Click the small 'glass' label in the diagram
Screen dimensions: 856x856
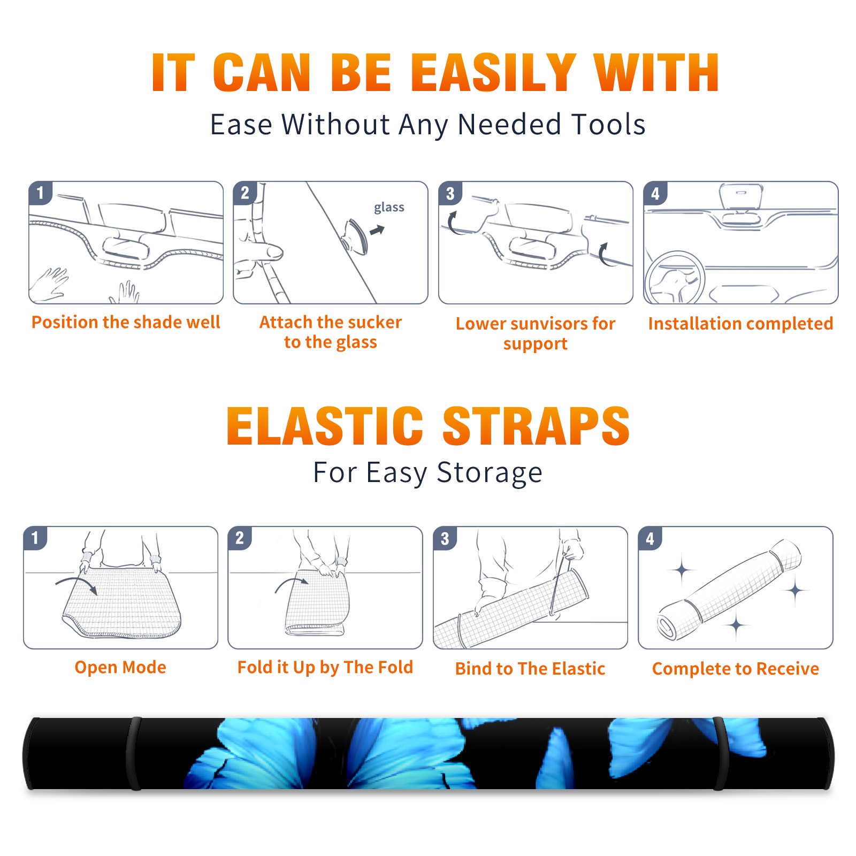point(389,208)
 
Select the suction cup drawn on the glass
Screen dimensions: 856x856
point(356,236)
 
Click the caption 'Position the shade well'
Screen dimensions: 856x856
point(126,322)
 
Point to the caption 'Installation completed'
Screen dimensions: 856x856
point(740,324)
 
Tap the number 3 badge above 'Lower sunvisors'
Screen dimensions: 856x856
point(450,193)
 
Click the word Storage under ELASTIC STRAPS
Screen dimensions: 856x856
point(490,473)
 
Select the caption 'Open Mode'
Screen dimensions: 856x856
point(120,667)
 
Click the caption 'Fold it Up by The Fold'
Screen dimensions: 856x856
point(325,668)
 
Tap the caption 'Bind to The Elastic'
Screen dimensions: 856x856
point(530,669)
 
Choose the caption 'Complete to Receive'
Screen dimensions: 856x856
point(736,669)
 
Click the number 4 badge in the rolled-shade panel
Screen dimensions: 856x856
point(650,538)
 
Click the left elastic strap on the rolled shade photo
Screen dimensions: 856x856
point(134,753)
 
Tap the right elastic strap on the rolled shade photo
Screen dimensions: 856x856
point(721,753)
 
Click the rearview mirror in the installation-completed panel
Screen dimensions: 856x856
point(740,196)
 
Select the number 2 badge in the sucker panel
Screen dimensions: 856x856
point(245,193)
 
